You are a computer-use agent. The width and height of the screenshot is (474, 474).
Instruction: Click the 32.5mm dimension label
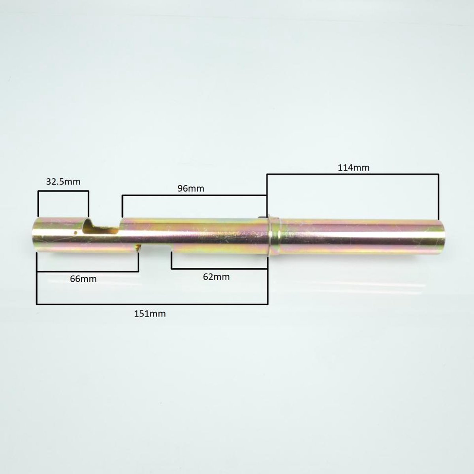coord(63,182)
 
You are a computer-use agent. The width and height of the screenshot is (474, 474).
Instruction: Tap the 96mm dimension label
coord(191,188)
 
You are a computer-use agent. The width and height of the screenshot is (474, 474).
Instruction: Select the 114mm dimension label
coord(353,168)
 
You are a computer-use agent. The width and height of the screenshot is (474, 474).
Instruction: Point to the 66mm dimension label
coord(83,279)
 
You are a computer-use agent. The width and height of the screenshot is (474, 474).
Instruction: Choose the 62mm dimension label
coord(216,277)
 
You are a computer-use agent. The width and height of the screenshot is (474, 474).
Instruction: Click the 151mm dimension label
coord(150,314)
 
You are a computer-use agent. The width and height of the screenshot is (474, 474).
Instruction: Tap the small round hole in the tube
coord(76,232)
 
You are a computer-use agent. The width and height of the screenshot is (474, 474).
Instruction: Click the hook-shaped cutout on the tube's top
coord(101,226)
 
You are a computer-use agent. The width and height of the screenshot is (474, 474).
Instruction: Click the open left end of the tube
coord(34,235)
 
